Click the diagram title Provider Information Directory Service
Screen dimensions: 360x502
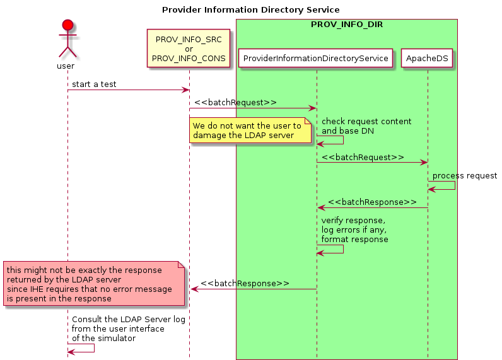[250, 9]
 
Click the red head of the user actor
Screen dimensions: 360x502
[67, 25]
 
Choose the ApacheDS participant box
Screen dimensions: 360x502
[428, 59]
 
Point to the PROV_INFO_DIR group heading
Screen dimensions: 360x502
[346, 24]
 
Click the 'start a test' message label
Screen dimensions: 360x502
[94, 84]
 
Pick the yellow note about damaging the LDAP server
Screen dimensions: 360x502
[250, 131]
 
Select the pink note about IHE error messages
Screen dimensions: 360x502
[93, 284]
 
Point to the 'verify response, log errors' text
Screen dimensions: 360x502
[354, 230]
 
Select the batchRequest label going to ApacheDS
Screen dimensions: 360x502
[362, 156]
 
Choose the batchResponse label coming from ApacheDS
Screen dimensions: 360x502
[371, 202]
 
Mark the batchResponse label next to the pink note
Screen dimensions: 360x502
[245, 283]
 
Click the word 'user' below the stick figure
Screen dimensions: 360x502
[66, 66]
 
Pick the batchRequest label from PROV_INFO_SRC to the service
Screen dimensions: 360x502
[235, 102]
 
